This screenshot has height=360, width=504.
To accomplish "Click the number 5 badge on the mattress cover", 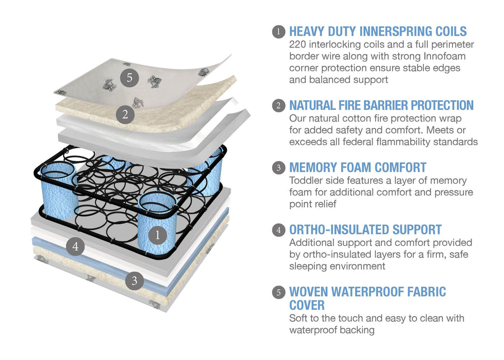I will tap(129, 78).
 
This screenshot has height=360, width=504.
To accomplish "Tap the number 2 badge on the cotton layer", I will tap(124, 114).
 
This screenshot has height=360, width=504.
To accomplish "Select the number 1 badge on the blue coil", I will tap(157, 235).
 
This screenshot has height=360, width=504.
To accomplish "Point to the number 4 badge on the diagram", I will tap(75, 246).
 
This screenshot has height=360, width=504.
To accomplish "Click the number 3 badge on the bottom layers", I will tap(134, 281).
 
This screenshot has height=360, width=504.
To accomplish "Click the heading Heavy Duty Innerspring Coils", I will tap(377, 31).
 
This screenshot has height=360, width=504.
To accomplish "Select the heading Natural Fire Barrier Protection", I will tap(381, 105).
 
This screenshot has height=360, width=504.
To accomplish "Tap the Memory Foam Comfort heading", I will tap(357, 167).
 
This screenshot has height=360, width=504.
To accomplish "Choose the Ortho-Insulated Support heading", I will tap(365, 230).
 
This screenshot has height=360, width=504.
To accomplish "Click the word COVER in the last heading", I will tap(307, 305).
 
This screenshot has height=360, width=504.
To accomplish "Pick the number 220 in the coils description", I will tap(298, 44).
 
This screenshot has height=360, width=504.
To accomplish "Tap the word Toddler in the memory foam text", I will tap(307, 180).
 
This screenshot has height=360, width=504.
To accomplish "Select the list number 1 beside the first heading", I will tap(278, 31).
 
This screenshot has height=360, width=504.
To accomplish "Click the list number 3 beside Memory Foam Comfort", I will tap(278, 167).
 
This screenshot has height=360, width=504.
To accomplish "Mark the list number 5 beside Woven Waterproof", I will tap(278, 292).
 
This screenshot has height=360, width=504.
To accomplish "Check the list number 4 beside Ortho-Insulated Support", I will tap(278, 230).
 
